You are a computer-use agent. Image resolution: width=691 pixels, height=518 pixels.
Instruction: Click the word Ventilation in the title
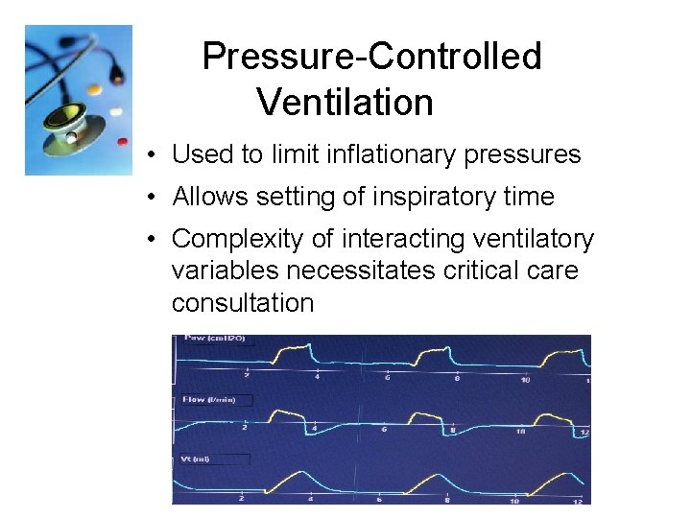tap(345, 102)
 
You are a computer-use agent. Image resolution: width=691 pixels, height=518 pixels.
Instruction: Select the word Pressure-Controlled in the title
tap(371, 57)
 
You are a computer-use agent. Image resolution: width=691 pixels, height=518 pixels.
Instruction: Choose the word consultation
tap(243, 303)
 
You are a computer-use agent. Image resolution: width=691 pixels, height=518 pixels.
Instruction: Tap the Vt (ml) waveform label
tap(196, 459)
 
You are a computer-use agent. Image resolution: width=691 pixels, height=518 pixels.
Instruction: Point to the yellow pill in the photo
tap(93, 87)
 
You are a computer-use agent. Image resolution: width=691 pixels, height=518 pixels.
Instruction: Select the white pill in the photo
tap(115, 109)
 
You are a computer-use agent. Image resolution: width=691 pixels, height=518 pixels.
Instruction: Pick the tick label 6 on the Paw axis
tap(389, 378)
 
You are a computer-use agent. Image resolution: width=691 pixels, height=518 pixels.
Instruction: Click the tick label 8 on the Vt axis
tap(448, 499)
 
